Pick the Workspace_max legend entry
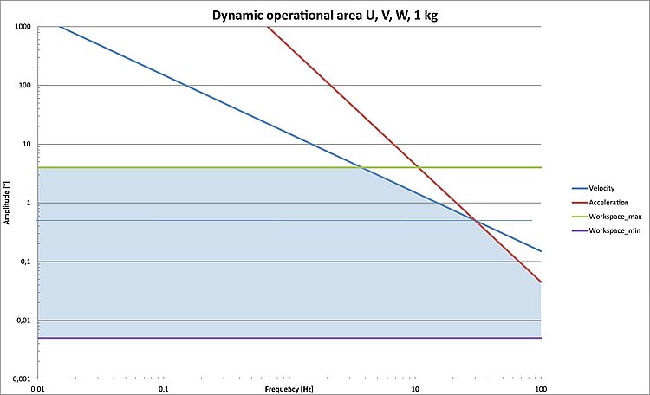[614, 217]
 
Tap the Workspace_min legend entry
[614, 230]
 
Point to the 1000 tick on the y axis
[23, 27]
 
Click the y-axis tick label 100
[26, 86]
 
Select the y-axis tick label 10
[28, 144]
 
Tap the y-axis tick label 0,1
[27, 262]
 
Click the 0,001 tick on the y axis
[22, 379]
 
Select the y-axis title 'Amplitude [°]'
[6, 203]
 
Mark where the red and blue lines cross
[474, 220]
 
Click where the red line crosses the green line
[419, 167]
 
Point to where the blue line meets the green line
[362, 167]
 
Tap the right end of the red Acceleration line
[541, 282]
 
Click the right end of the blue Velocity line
[541, 252]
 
